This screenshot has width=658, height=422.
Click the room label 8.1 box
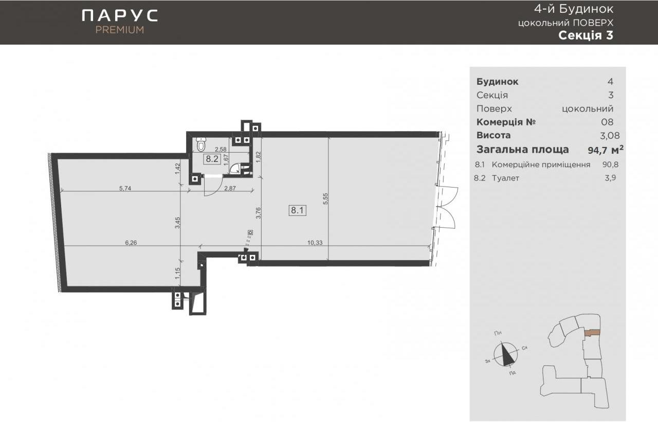[x=297, y=210]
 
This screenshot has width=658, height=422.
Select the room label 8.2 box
[x=212, y=159]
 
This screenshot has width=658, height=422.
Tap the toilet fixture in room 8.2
[x=201, y=143]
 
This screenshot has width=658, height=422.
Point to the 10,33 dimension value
[x=315, y=243]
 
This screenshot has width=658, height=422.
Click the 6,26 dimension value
[x=131, y=243]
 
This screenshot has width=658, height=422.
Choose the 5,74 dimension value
[x=125, y=188]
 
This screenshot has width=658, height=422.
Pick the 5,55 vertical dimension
[x=325, y=199]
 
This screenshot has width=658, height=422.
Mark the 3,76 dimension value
[x=258, y=213]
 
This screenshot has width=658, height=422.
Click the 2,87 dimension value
[x=230, y=188]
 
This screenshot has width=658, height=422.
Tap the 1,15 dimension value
[x=177, y=273]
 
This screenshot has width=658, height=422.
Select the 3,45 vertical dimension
[x=177, y=223]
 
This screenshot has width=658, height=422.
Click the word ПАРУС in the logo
[x=120, y=15]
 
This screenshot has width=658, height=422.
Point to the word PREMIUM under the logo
[x=120, y=30]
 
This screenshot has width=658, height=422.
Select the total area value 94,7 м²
[x=606, y=150]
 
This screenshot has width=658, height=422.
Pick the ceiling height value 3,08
[x=610, y=135]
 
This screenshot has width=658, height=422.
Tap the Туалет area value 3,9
[x=610, y=178]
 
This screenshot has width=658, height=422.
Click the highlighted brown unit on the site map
[x=592, y=333]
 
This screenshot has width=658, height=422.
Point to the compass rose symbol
[x=505, y=354]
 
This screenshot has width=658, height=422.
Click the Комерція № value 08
[x=607, y=122]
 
